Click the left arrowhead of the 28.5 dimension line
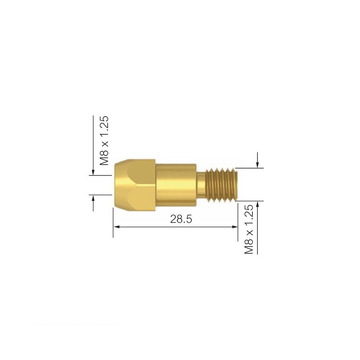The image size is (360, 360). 116,227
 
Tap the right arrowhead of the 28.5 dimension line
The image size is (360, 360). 235,227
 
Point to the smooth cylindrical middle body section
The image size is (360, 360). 176,184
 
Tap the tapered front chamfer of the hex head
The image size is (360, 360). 117,184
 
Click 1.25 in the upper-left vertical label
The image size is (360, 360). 104,129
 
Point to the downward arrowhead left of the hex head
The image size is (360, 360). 93,172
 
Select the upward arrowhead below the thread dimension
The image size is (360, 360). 257,204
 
